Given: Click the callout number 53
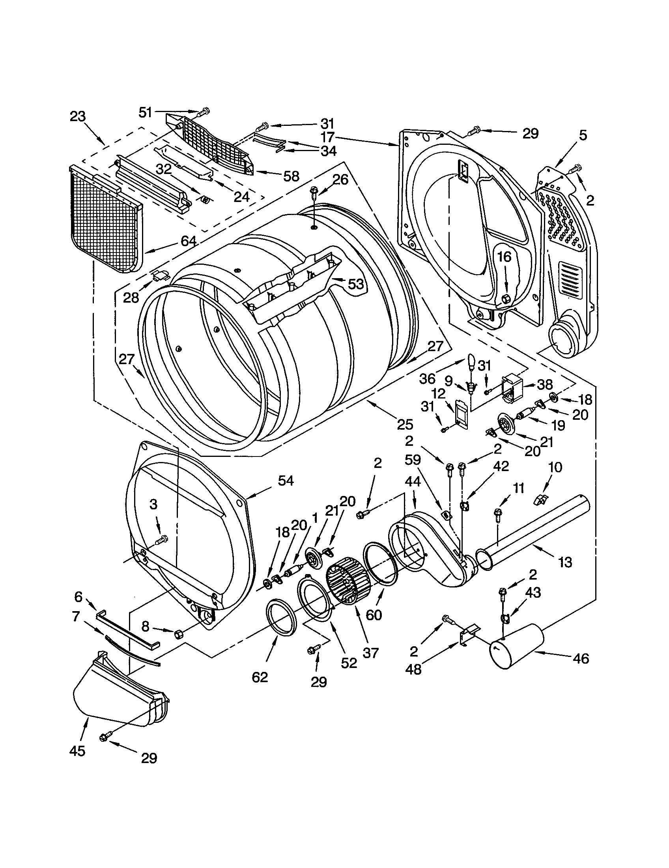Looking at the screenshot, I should [355, 284].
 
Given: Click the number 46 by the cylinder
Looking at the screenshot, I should [581, 658].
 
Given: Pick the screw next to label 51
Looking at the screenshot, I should [204, 112].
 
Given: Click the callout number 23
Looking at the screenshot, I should [78, 116].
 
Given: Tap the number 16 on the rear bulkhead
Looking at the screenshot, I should [504, 257].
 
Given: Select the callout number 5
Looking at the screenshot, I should [582, 135].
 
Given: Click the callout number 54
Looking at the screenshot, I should [286, 481].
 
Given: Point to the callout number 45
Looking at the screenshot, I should [77, 751].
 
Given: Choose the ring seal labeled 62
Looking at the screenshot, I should [281, 623].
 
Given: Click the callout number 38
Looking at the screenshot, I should [545, 384].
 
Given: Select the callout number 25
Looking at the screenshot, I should [405, 425].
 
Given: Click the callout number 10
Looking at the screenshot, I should [555, 468].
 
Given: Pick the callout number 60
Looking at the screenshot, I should [374, 615].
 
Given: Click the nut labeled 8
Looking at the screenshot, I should [179, 634].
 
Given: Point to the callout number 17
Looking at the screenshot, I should [328, 138].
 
